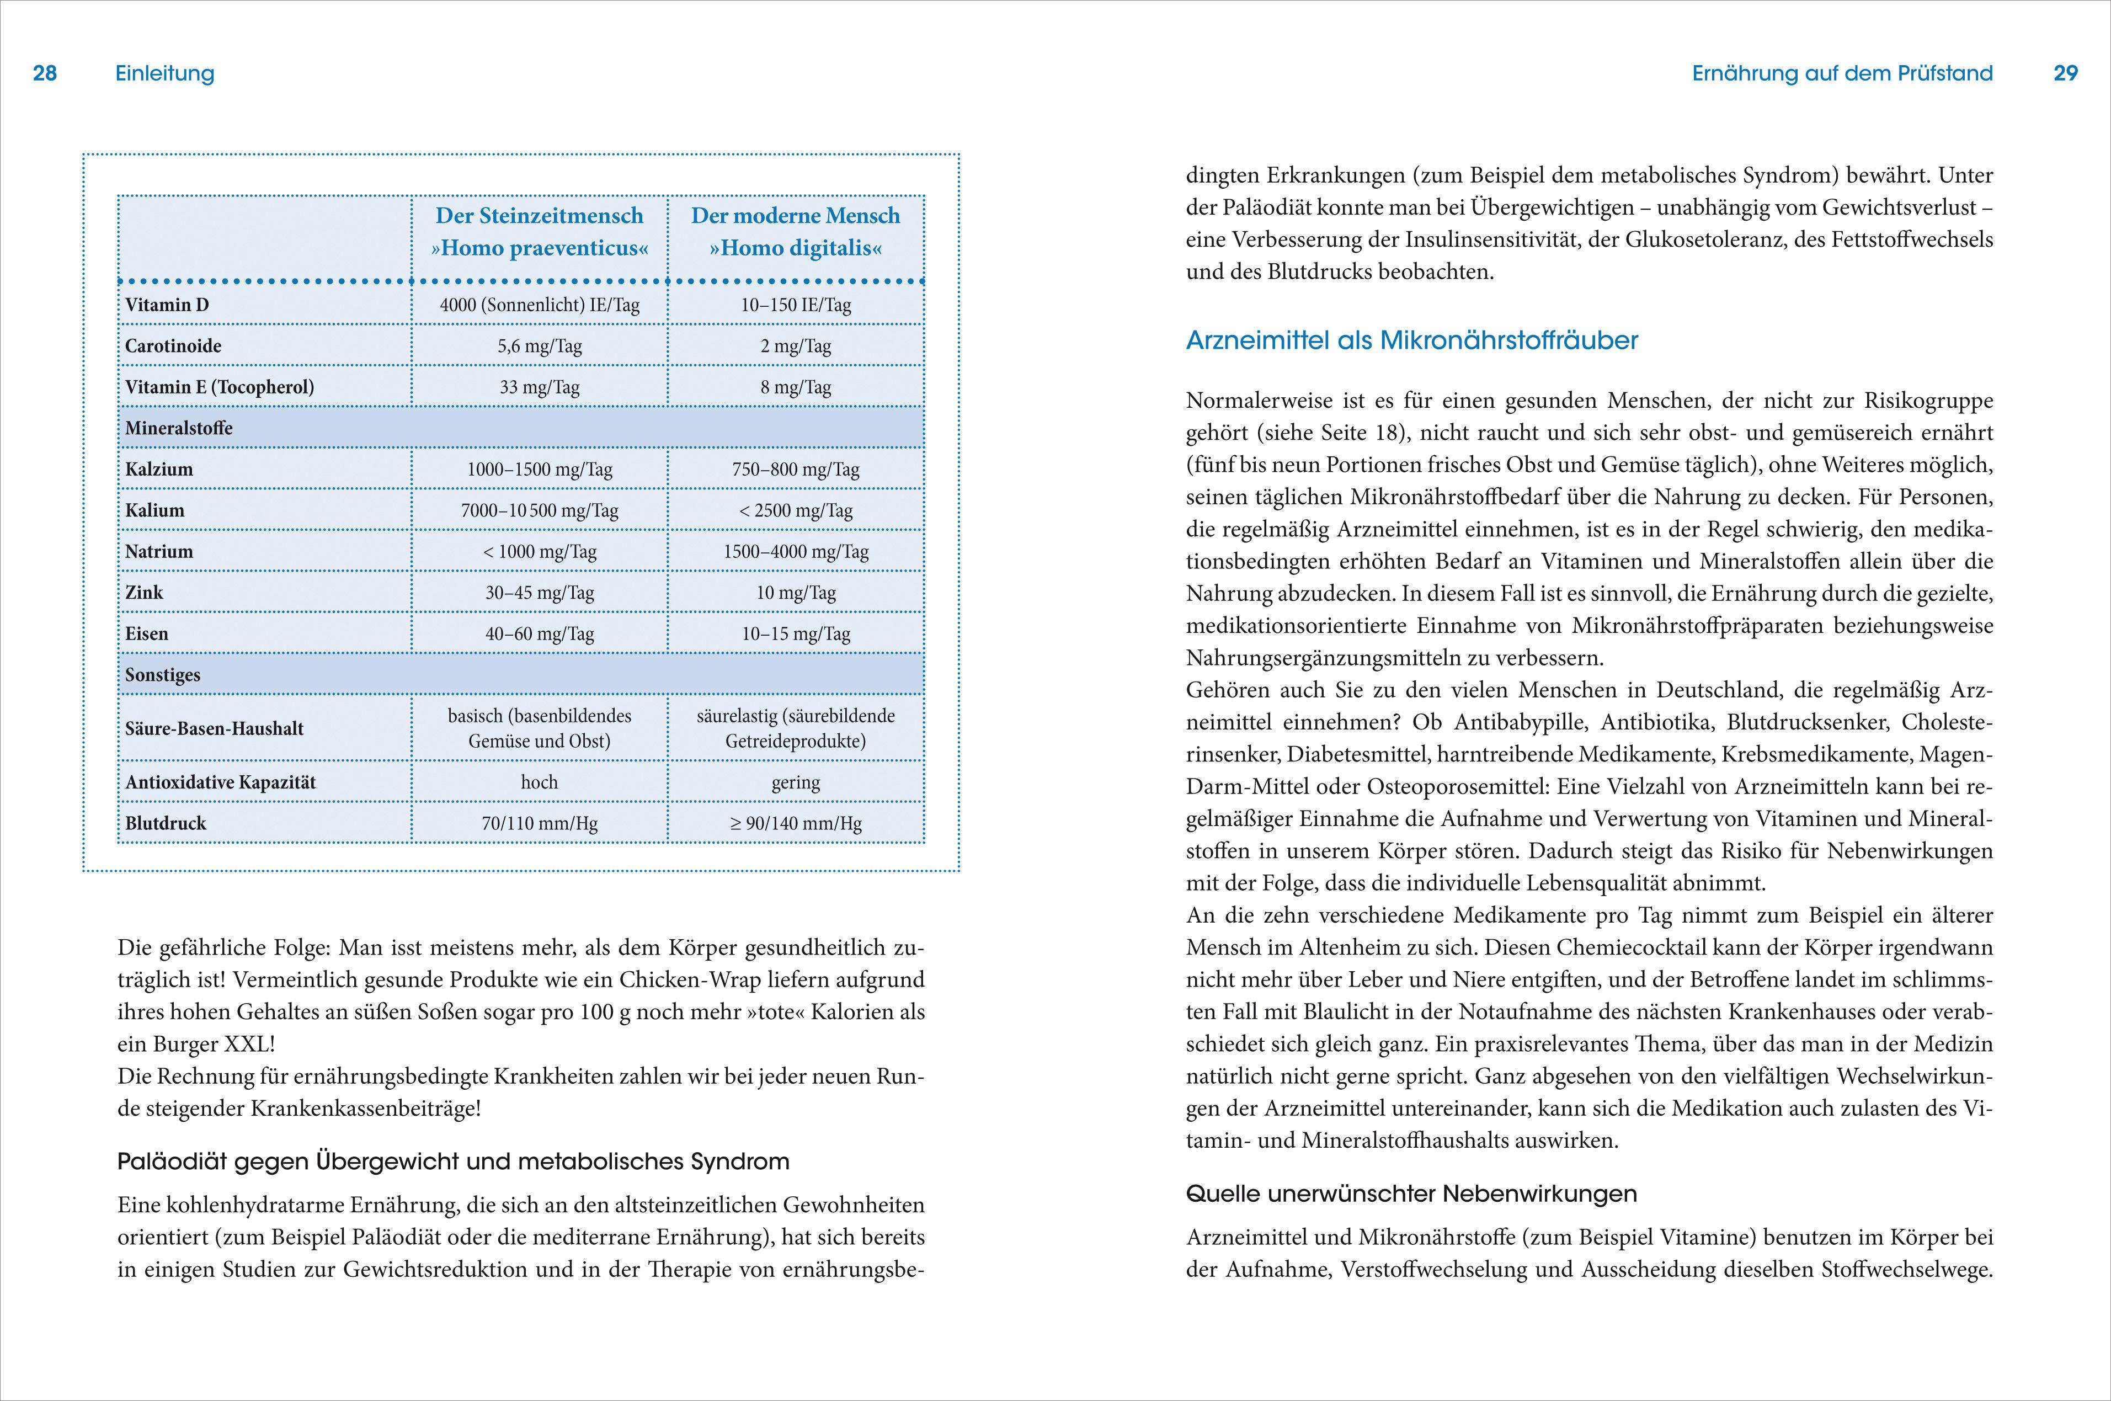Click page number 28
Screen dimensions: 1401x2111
(45, 73)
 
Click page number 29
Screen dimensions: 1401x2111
(2065, 73)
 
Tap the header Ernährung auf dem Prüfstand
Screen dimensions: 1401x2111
(1842, 73)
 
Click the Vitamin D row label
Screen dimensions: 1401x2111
(167, 305)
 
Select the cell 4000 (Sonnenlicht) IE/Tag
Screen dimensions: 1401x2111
(540, 305)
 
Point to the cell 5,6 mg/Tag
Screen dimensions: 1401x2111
(540, 346)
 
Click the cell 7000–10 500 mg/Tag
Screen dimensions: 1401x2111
(540, 510)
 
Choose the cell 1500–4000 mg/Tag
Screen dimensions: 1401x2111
(795, 551)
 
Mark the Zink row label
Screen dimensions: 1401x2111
(144, 593)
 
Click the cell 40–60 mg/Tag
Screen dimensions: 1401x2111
(540, 633)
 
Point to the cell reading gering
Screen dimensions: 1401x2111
(795, 782)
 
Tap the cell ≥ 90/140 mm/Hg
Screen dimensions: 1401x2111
(795, 823)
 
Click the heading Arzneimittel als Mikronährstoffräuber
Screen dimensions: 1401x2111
(1411, 340)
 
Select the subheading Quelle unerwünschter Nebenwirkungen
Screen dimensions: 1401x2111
(1411, 1194)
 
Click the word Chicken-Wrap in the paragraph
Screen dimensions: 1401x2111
(690, 979)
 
